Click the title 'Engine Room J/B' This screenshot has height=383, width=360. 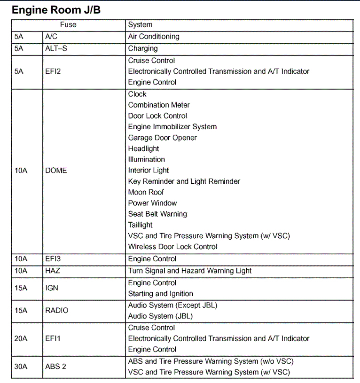tap(56, 9)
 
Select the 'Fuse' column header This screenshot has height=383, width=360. tap(68, 25)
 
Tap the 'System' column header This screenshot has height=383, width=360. tap(140, 25)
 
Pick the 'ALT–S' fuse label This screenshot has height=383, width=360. tap(56, 48)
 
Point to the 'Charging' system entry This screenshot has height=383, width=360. tap(143, 48)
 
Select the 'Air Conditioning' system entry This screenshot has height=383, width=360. tap(154, 36)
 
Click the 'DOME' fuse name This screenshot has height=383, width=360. tap(56, 171)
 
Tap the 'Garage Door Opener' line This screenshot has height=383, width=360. tap(162, 138)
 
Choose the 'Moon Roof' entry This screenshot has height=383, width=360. tap(146, 192)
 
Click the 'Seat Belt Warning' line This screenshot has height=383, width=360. tap(157, 214)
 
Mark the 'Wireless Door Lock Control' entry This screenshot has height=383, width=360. tap(172, 247)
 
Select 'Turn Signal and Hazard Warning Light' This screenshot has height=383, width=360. tap(190, 271)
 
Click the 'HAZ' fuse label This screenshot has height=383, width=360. tap(53, 271)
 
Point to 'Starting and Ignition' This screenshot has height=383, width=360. tap(160, 294)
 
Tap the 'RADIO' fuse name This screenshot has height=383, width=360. tap(56, 311)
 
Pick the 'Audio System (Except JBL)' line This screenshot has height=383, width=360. tap(172, 305)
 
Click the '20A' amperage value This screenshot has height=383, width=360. tap(21, 338)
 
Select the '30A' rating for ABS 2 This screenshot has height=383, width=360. tap(21, 367)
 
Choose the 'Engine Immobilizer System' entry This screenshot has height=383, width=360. tap(172, 127)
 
